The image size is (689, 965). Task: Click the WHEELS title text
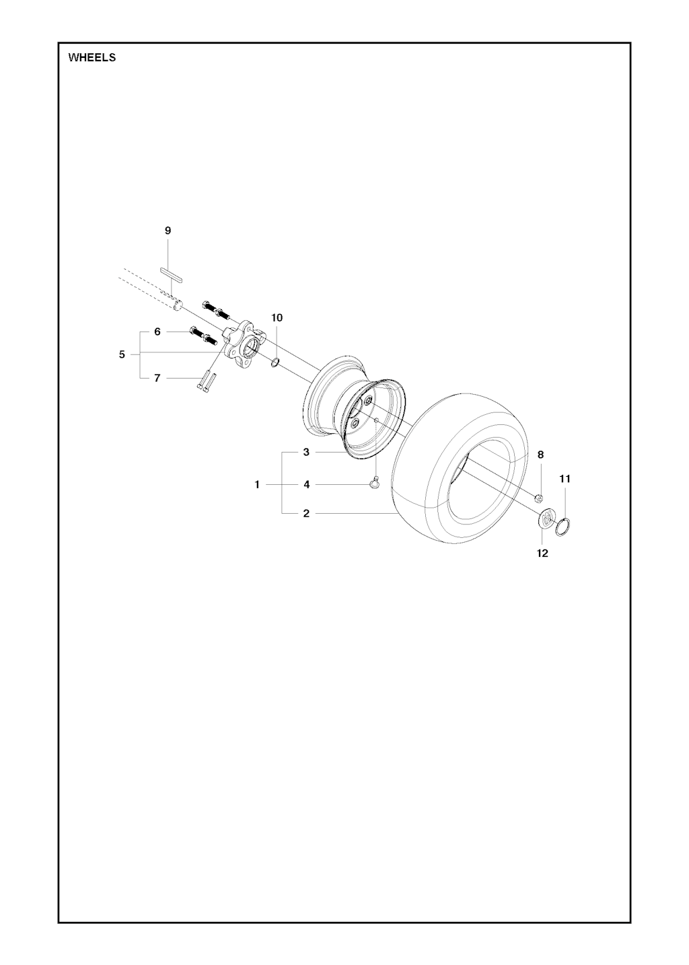pos(92,58)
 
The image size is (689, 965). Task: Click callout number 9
pos(168,231)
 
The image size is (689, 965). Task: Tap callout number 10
pos(277,317)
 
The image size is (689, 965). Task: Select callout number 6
pos(157,332)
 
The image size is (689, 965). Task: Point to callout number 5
pos(122,354)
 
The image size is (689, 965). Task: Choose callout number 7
pos(157,378)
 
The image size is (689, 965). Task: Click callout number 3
pos(306,453)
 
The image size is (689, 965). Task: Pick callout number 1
pos(257,485)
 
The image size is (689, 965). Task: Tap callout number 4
pos(306,485)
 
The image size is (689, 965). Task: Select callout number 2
pos(306,514)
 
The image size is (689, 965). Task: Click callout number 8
pos(540,455)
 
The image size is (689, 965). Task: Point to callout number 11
pos(565,479)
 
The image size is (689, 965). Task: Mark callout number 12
pos(542,553)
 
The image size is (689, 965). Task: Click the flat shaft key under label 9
pos(172,274)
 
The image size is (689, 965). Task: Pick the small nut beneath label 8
pos(538,499)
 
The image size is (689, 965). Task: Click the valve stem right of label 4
pos(374,485)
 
